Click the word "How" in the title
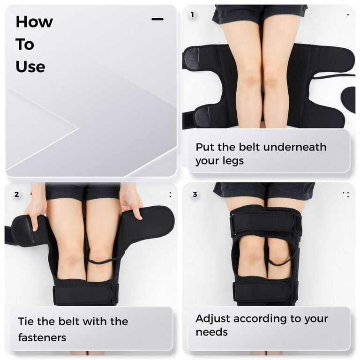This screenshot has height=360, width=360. coord(34,22)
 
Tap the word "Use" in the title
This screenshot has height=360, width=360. coord(30,67)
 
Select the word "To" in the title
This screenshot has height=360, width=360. coord(25,45)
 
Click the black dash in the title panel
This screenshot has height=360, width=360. coord(157,19)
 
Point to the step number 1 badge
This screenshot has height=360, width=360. coord(192,15)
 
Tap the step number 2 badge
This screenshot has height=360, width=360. coord(16,195)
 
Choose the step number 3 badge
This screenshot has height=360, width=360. coord(195,195)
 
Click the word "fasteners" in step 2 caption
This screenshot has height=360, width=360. coord(42,337)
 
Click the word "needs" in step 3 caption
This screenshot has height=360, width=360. coord(212,332)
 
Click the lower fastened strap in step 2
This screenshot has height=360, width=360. coord(85,294)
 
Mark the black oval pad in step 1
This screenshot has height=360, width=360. coord(349,99)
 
